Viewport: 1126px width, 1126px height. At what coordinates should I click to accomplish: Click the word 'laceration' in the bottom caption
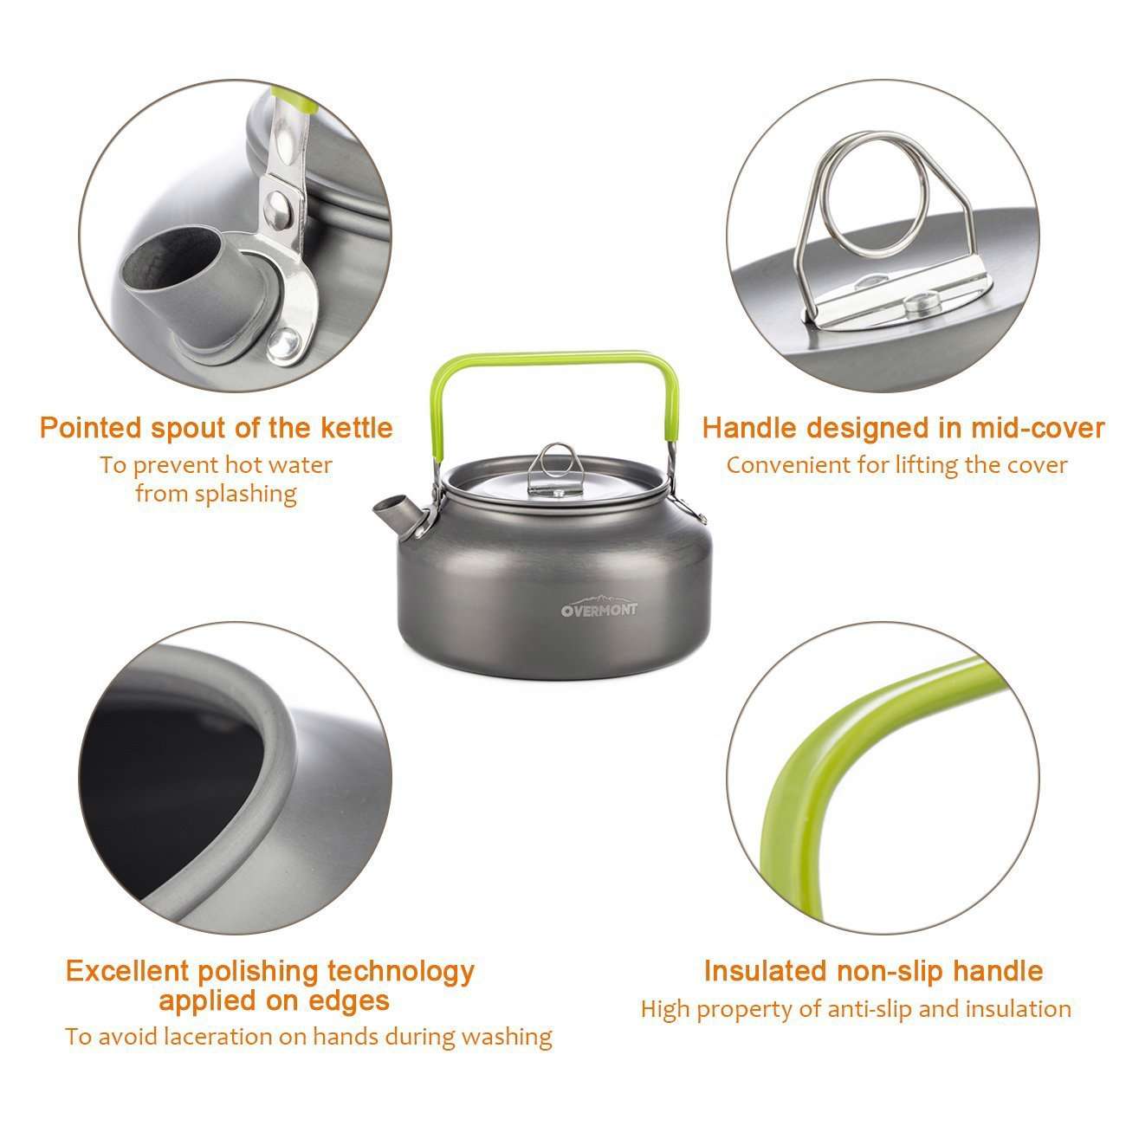tap(239, 1036)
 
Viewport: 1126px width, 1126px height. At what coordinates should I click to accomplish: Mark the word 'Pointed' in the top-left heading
tap(90, 428)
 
